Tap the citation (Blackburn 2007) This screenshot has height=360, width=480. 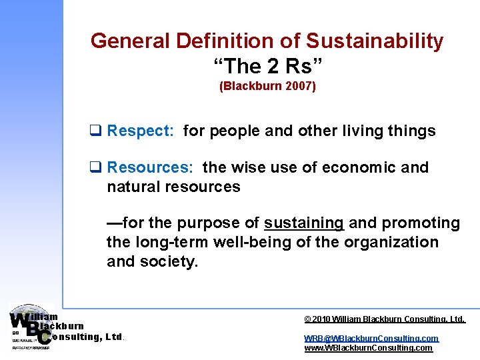point(267,87)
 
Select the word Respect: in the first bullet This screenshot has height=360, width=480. point(141,131)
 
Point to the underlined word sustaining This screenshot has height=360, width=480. point(304,223)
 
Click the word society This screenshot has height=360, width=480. point(169,261)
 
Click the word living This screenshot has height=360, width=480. point(363,131)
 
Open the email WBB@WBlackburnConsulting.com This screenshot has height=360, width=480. point(371,339)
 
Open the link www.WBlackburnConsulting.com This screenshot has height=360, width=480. point(368,348)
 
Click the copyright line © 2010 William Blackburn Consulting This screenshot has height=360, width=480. point(384,320)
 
